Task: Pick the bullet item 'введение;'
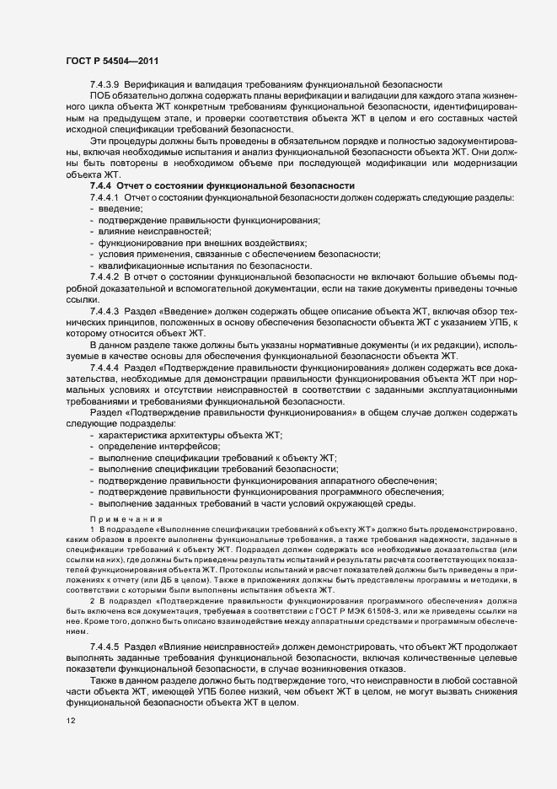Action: click(121, 208)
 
